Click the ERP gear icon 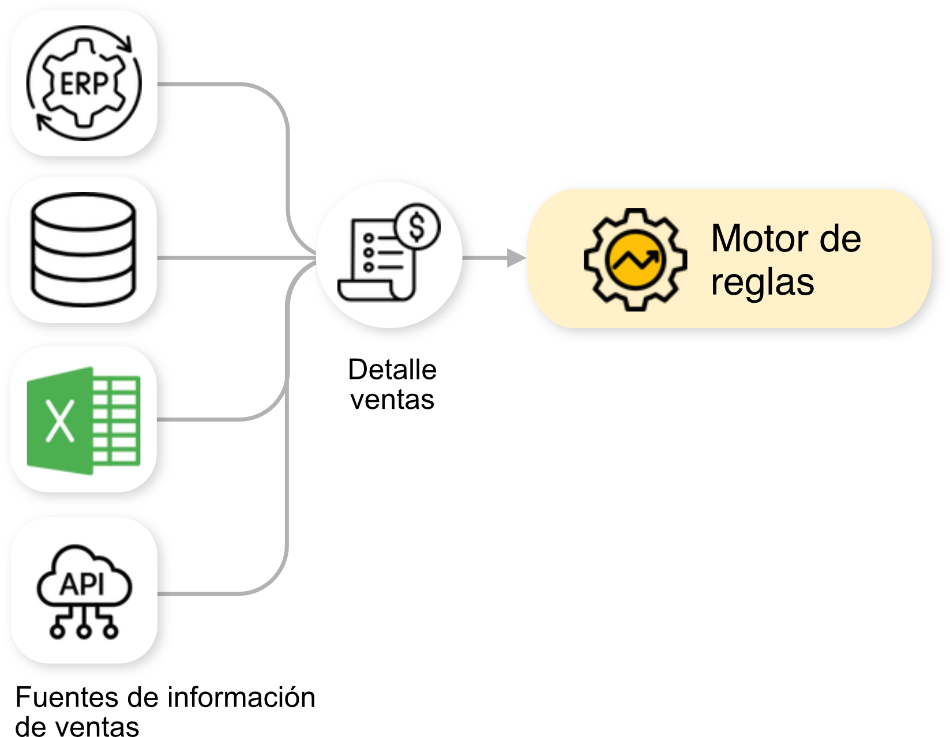point(84,84)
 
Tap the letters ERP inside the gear point(84,85)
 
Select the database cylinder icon point(84,249)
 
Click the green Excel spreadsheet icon point(84,420)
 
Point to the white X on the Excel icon point(59,421)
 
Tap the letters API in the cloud point(83,585)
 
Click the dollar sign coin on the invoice point(417,227)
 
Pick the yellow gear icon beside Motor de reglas point(635,260)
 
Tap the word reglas point(762,282)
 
